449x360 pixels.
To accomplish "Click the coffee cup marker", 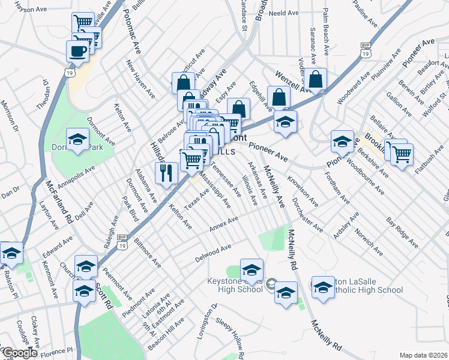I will click(x=77, y=51).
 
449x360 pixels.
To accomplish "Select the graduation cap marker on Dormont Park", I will click(x=77, y=140).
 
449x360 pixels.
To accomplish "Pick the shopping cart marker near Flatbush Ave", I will click(x=402, y=154).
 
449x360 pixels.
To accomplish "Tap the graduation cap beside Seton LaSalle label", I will click(x=323, y=287).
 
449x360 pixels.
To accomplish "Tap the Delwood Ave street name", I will click(x=213, y=254).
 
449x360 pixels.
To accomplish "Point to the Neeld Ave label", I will click(x=283, y=13).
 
